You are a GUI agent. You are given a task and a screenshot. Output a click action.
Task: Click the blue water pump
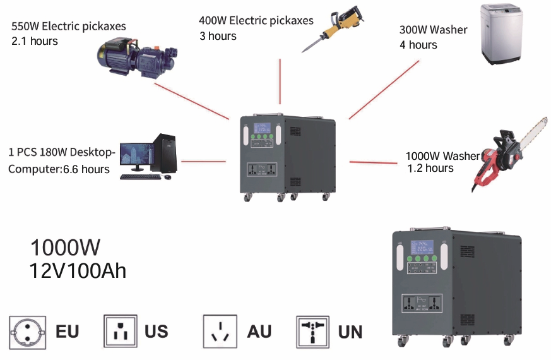click(x=137, y=59)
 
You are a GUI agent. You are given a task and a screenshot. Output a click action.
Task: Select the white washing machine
click(x=501, y=34)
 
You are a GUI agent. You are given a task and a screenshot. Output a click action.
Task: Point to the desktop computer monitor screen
click(x=137, y=153)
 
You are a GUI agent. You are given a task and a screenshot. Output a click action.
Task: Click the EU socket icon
click(x=27, y=332)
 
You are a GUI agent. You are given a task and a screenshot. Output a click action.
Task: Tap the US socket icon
click(x=120, y=331)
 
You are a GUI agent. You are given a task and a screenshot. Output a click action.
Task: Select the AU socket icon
click(x=220, y=331)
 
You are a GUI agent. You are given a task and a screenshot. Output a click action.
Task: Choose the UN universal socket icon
click(x=313, y=332)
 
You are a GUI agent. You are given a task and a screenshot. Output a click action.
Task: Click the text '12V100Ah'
click(x=78, y=271)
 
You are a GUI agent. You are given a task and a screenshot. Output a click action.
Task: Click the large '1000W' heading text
click(x=66, y=247)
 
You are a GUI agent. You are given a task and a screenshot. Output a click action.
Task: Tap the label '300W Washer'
click(x=433, y=30)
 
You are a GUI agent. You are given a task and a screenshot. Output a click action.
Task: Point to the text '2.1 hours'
click(x=35, y=41)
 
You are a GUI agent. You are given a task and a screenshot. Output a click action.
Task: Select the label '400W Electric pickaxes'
click(x=256, y=21)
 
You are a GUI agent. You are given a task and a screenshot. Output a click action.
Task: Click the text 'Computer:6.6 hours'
click(x=59, y=169)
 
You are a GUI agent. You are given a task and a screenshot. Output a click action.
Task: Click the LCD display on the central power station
click(x=262, y=128)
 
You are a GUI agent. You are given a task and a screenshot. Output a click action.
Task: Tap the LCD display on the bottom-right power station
click(x=422, y=247)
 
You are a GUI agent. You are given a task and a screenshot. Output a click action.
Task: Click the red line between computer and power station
click(x=203, y=161)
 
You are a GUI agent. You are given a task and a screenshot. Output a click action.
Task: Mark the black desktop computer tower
click(x=164, y=153)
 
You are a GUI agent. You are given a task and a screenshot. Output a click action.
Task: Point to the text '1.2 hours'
click(x=430, y=168)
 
